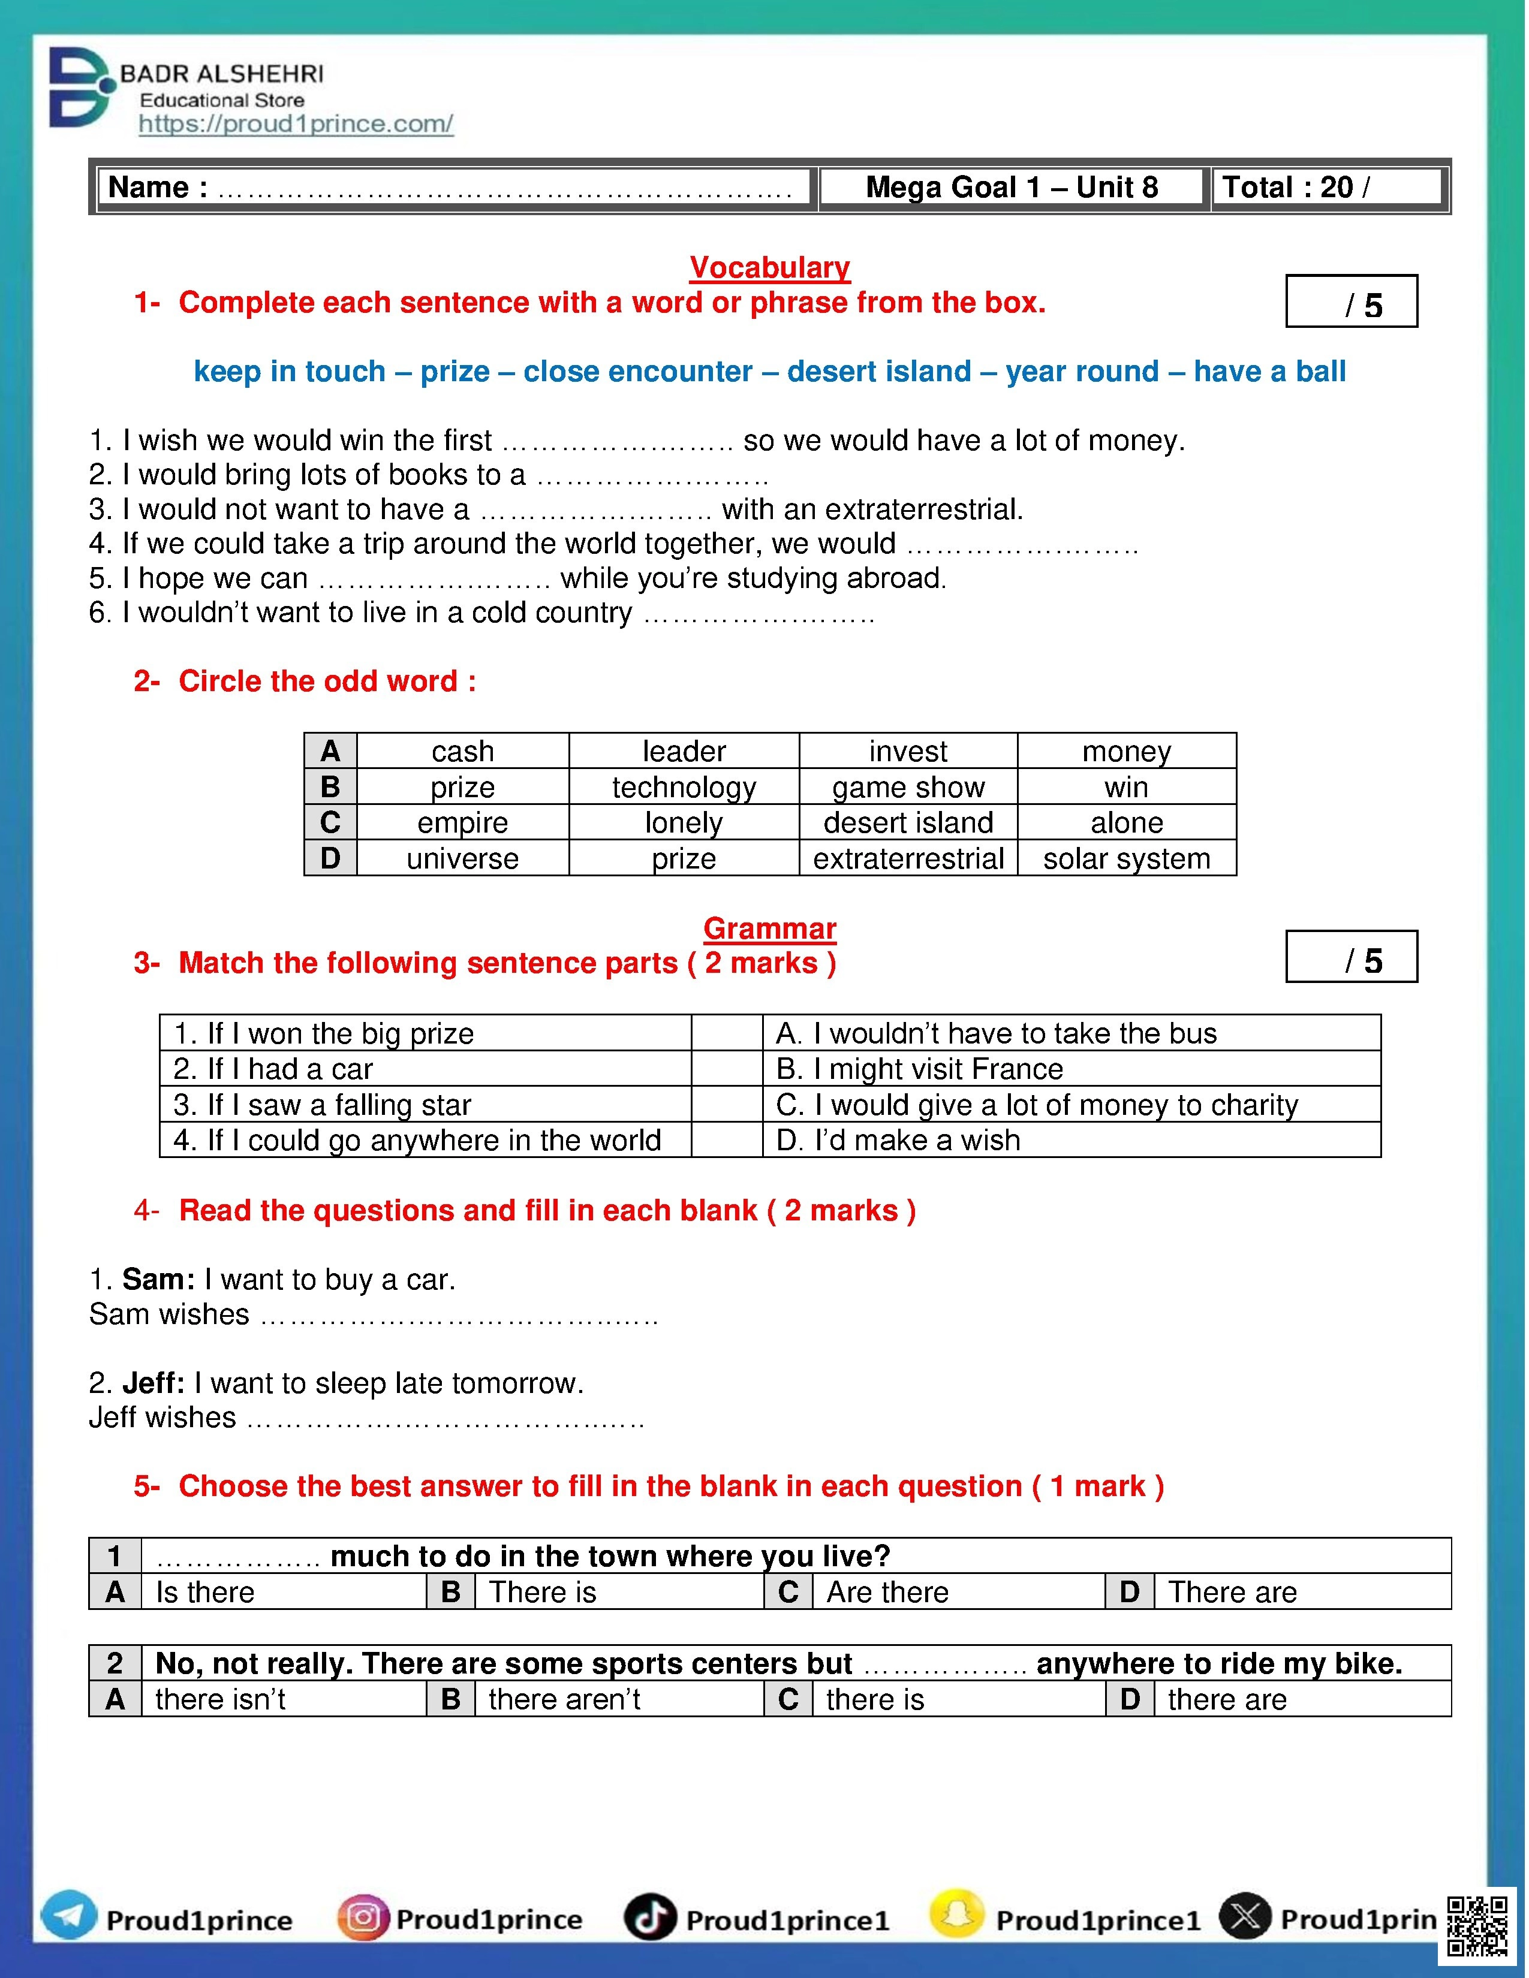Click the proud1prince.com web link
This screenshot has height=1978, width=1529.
[295, 124]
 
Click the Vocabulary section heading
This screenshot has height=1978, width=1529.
[769, 267]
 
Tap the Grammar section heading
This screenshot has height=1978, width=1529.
[769, 928]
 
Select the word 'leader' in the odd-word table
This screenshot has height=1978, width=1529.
[684, 751]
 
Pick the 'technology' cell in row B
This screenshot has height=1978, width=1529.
[684, 787]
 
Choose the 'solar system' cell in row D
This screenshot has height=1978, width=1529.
[1126, 858]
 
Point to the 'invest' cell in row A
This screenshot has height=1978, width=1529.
[908, 751]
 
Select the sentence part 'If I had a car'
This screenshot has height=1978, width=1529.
[273, 1069]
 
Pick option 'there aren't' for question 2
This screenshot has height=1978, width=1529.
[564, 1699]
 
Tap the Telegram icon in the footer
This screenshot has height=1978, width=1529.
[69, 1916]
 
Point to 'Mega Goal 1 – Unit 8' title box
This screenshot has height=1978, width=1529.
[1012, 188]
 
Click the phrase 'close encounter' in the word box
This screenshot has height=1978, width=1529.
[638, 372]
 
